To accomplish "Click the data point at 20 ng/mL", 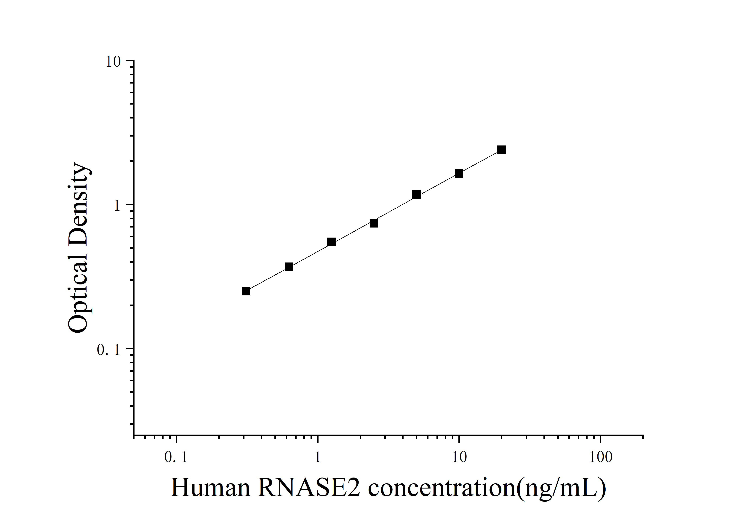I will click(501, 150).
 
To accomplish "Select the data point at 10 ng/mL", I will click(459, 173).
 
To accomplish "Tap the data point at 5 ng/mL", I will click(416, 195).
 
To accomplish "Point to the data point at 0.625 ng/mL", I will click(289, 267).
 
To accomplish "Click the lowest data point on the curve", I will click(246, 291).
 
